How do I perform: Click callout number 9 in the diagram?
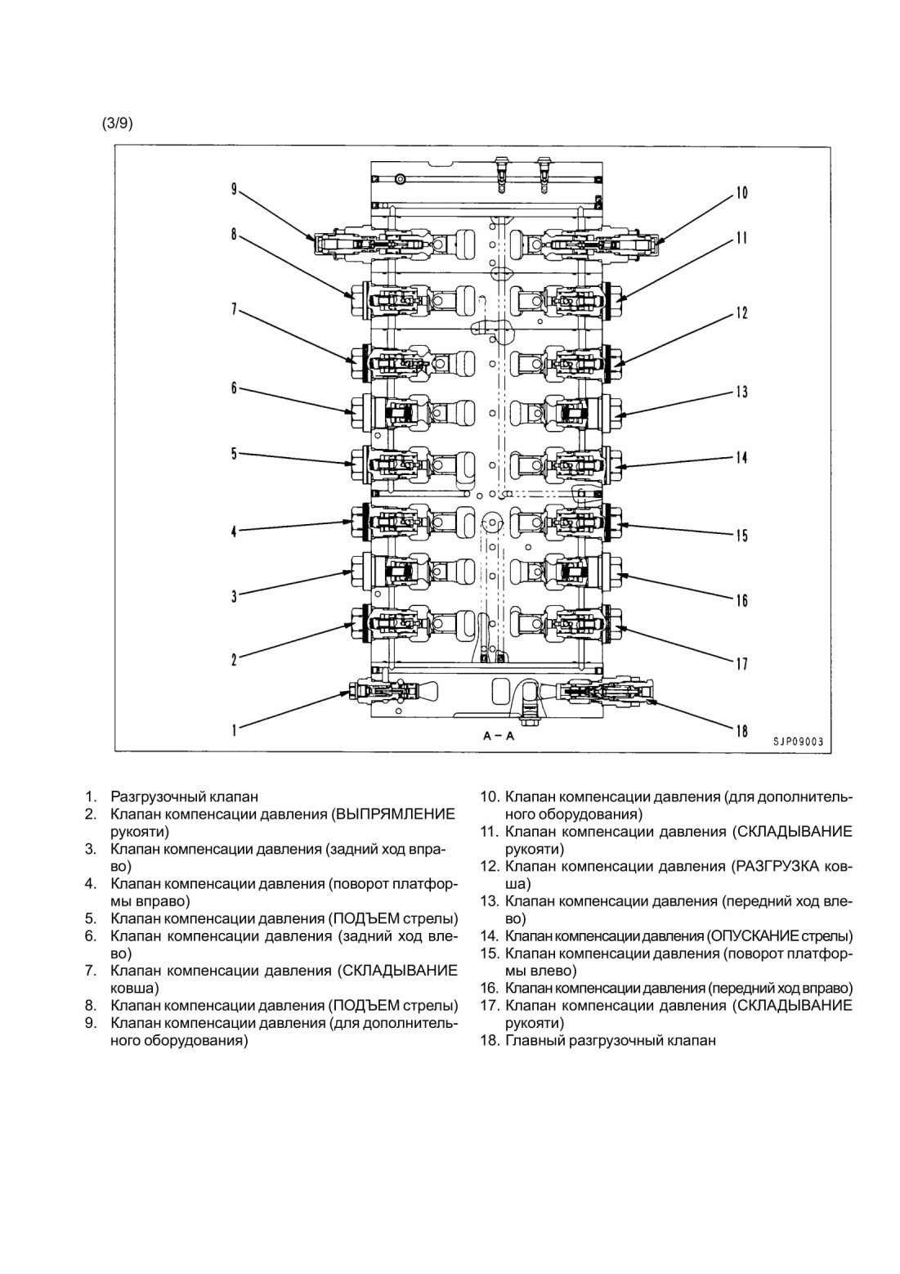[x=234, y=189]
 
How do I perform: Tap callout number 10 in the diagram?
[x=741, y=193]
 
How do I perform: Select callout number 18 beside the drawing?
[x=742, y=730]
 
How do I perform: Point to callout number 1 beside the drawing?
[x=235, y=730]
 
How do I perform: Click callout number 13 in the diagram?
[x=741, y=393]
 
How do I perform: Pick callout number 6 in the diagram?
[x=234, y=388]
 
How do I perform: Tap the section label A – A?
[x=499, y=736]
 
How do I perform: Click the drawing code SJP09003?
[x=798, y=742]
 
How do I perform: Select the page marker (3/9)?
[x=117, y=124]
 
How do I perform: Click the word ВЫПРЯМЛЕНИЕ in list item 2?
[x=396, y=814]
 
